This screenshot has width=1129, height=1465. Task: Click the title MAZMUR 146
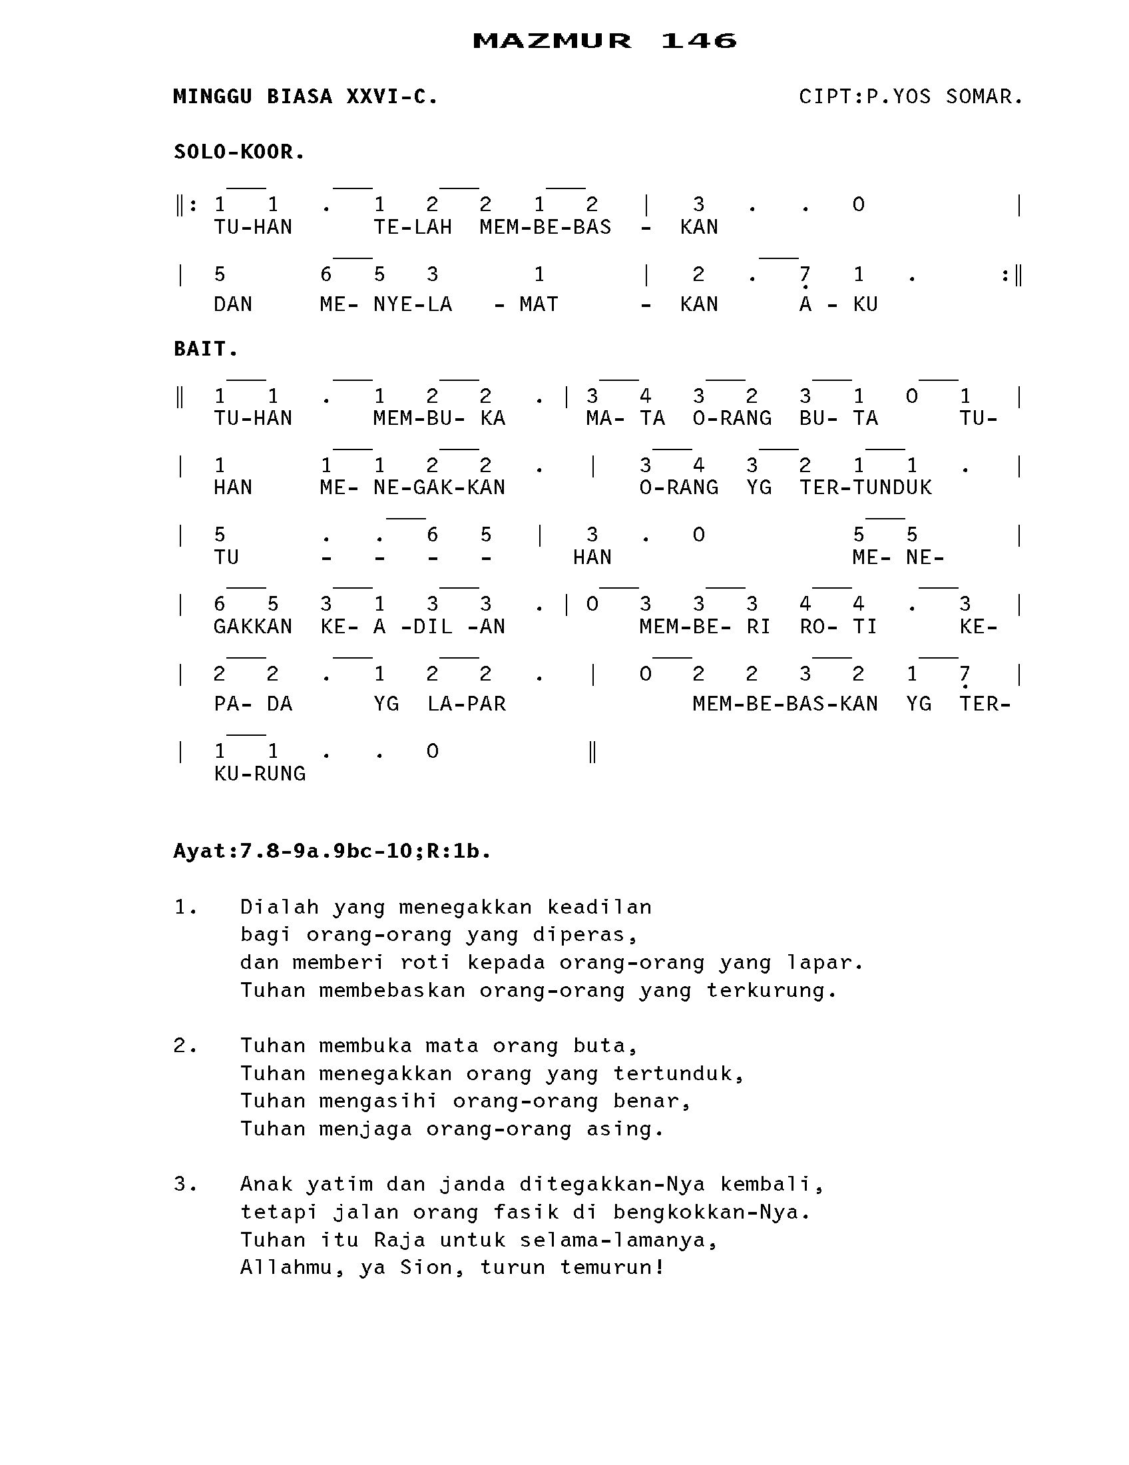604,41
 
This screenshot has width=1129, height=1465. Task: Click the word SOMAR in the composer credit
983,97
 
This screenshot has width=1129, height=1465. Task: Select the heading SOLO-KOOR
240,152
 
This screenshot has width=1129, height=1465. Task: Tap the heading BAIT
206,349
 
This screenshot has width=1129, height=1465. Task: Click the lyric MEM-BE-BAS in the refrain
545,227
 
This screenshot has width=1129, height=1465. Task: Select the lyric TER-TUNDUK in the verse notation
865,487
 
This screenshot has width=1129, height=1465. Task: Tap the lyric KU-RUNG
260,774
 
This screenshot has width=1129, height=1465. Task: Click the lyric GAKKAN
253,627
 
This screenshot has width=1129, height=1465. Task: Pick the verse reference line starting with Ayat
332,851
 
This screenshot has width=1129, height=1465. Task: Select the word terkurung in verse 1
771,991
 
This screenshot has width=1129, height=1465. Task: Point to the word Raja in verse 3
399,1241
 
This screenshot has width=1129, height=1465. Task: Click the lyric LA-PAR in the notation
466,704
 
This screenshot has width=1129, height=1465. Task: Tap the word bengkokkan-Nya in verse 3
711,1213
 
